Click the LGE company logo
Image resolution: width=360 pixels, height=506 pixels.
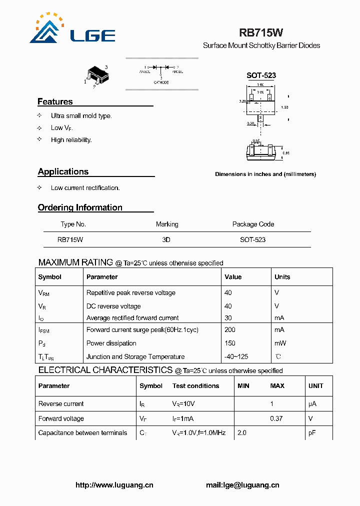pyautogui.click(x=72, y=29)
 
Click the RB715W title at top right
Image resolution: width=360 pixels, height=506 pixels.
pyautogui.click(x=261, y=33)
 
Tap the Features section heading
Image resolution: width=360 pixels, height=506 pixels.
pyautogui.click(x=55, y=101)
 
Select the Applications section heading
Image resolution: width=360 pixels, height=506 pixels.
pyautogui.click(x=63, y=171)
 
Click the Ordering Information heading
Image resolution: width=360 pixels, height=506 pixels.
pyautogui.click(x=80, y=207)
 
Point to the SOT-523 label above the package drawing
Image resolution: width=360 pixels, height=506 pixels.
pyautogui.click(x=261, y=75)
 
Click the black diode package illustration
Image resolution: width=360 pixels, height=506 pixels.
pyautogui.click(x=97, y=75)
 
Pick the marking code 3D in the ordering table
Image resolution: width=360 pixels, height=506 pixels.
pyautogui.click(x=166, y=239)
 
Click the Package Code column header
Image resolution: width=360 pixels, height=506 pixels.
pyautogui.click(x=253, y=224)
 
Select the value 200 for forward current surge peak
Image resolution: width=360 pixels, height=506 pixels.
pyautogui.click(x=230, y=330)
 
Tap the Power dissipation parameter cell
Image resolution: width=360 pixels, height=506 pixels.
pyautogui.click(x=111, y=343)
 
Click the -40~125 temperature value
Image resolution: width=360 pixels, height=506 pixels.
pyautogui.click(x=236, y=357)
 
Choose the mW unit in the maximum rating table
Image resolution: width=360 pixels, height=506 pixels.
pyautogui.click(x=279, y=343)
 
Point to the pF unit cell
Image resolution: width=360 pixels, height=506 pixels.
pyautogui.click(x=312, y=433)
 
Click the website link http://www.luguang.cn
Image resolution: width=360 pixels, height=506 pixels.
pyautogui.click(x=114, y=485)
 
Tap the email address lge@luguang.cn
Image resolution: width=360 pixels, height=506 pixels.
pyautogui.click(x=242, y=485)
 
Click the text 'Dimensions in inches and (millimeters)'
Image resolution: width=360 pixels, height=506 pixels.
pyautogui.click(x=265, y=174)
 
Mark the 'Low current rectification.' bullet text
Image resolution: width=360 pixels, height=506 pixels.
pyautogui.click(x=85, y=188)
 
